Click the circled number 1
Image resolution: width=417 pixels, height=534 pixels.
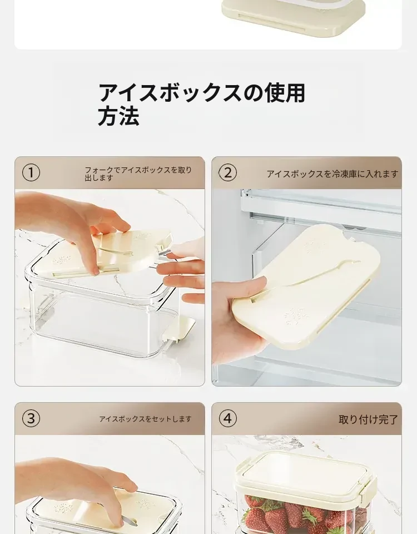point(31,172)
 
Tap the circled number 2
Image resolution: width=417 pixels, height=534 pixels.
point(227,172)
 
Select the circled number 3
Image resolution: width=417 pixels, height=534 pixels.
point(31,418)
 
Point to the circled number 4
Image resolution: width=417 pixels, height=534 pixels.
point(227,418)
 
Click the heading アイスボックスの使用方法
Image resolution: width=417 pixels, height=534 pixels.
point(201,104)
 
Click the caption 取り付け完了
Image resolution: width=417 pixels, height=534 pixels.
point(368,419)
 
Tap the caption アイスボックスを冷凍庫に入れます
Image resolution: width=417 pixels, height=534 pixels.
point(332,174)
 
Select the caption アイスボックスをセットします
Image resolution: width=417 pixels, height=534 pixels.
point(145,419)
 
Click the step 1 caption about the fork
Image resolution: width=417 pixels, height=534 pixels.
point(138,174)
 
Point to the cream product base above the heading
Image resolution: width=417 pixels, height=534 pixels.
point(293,17)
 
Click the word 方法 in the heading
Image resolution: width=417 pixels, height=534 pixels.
point(118,116)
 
